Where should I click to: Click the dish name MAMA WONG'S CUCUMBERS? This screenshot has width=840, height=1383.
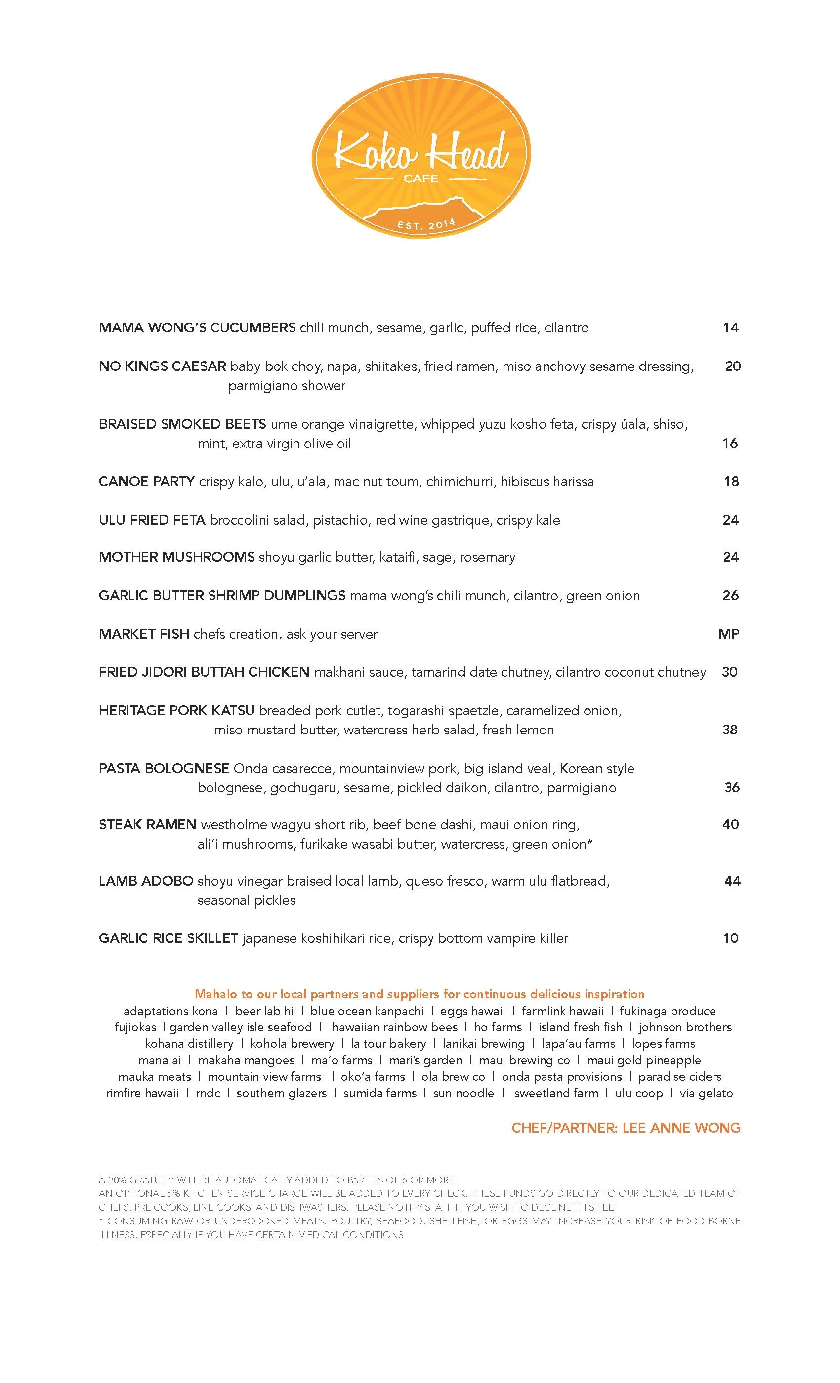(x=197, y=328)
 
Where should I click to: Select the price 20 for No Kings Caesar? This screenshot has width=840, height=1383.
(x=733, y=366)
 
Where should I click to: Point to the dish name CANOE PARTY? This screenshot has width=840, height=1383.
(x=147, y=482)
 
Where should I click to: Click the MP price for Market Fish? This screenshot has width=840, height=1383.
(x=729, y=634)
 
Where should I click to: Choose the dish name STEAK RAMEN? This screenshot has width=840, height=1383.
(x=147, y=824)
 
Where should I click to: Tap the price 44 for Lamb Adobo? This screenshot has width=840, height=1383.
(x=732, y=881)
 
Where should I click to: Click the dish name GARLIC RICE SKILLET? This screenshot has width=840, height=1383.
(x=168, y=938)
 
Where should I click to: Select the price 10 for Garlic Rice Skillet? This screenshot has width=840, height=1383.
(x=730, y=938)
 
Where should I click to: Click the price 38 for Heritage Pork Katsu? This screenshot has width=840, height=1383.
(x=730, y=730)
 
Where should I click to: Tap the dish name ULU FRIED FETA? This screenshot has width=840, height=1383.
(x=152, y=520)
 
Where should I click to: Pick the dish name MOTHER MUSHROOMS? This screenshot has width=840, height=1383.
(x=177, y=557)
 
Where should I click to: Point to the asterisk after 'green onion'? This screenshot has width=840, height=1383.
(x=589, y=843)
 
